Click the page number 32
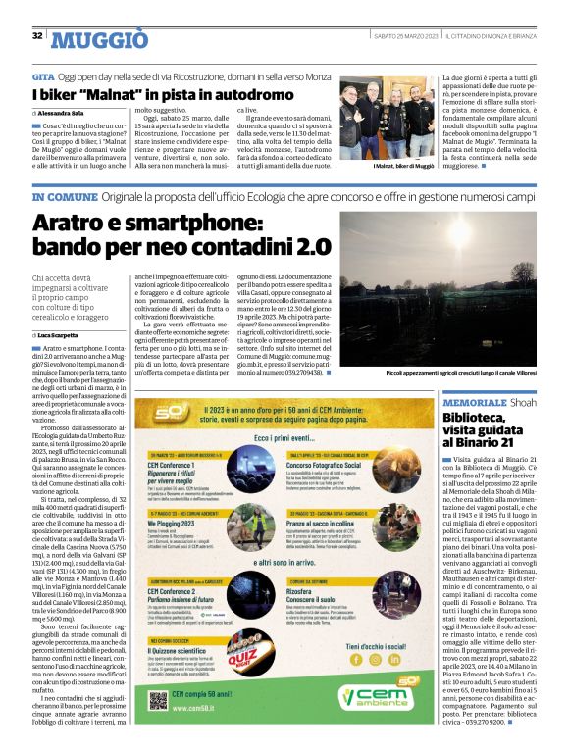[x=37, y=36]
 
